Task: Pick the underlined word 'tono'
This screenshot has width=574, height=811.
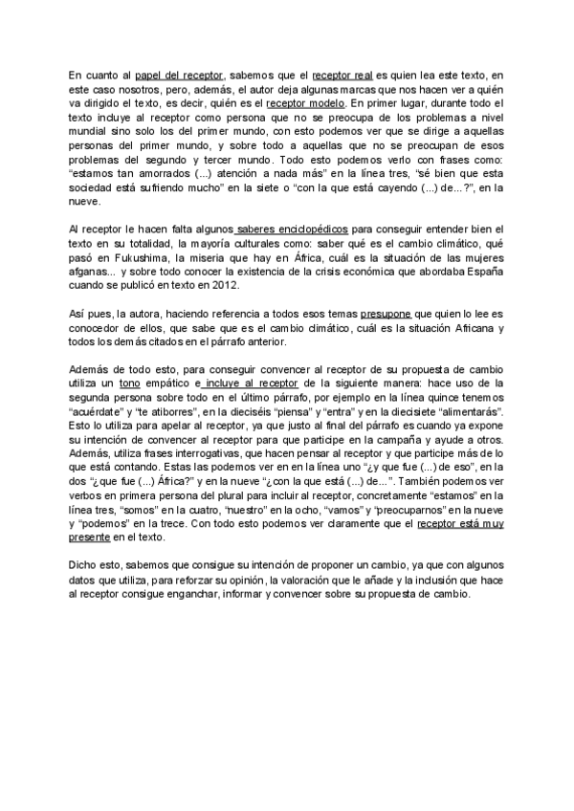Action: pos(130,383)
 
